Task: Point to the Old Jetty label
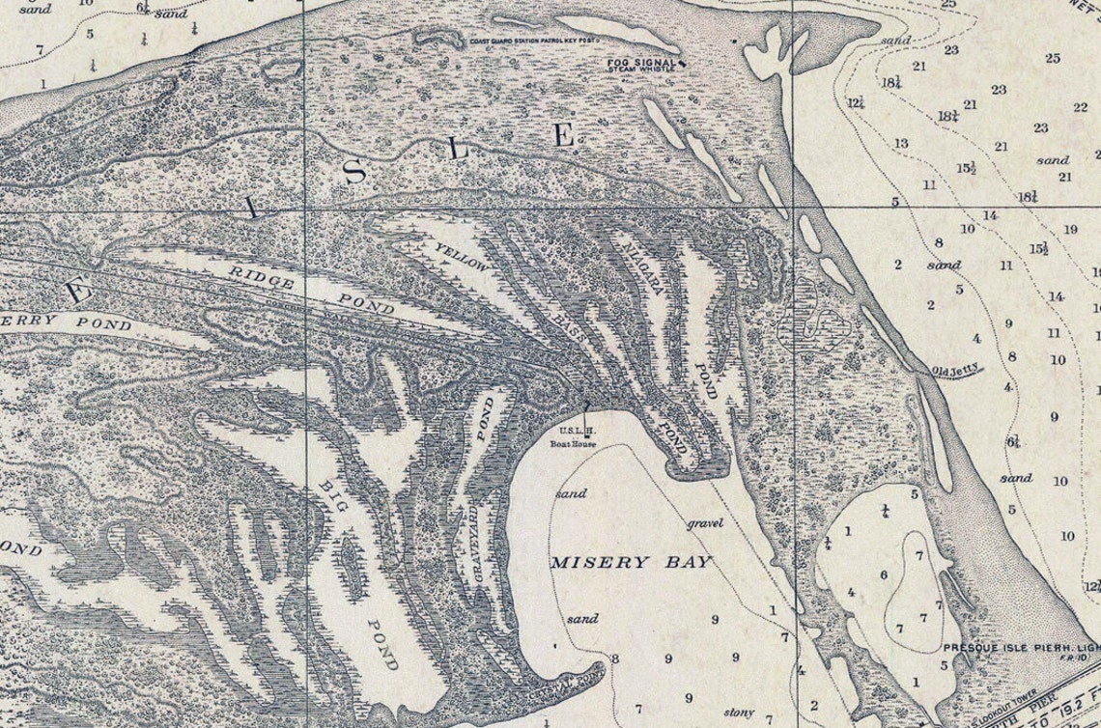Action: pos(956,369)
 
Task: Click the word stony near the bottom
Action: pos(738,713)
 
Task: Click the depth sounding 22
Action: pos(1080,107)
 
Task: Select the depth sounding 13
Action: pos(900,143)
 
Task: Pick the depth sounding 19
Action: pos(1069,229)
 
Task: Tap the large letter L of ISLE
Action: pos(460,151)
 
